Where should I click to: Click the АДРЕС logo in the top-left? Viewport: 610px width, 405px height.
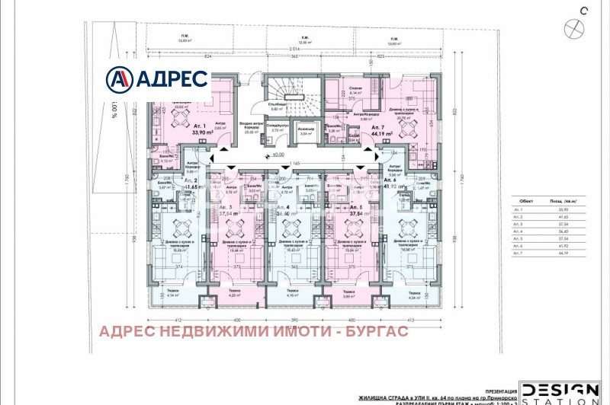tap(157, 78)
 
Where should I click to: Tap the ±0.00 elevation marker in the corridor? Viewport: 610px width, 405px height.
tap(271, 155)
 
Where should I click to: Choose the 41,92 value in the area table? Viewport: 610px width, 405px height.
tap(564, 247)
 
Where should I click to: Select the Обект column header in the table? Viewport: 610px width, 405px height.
tap(522, 201)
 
